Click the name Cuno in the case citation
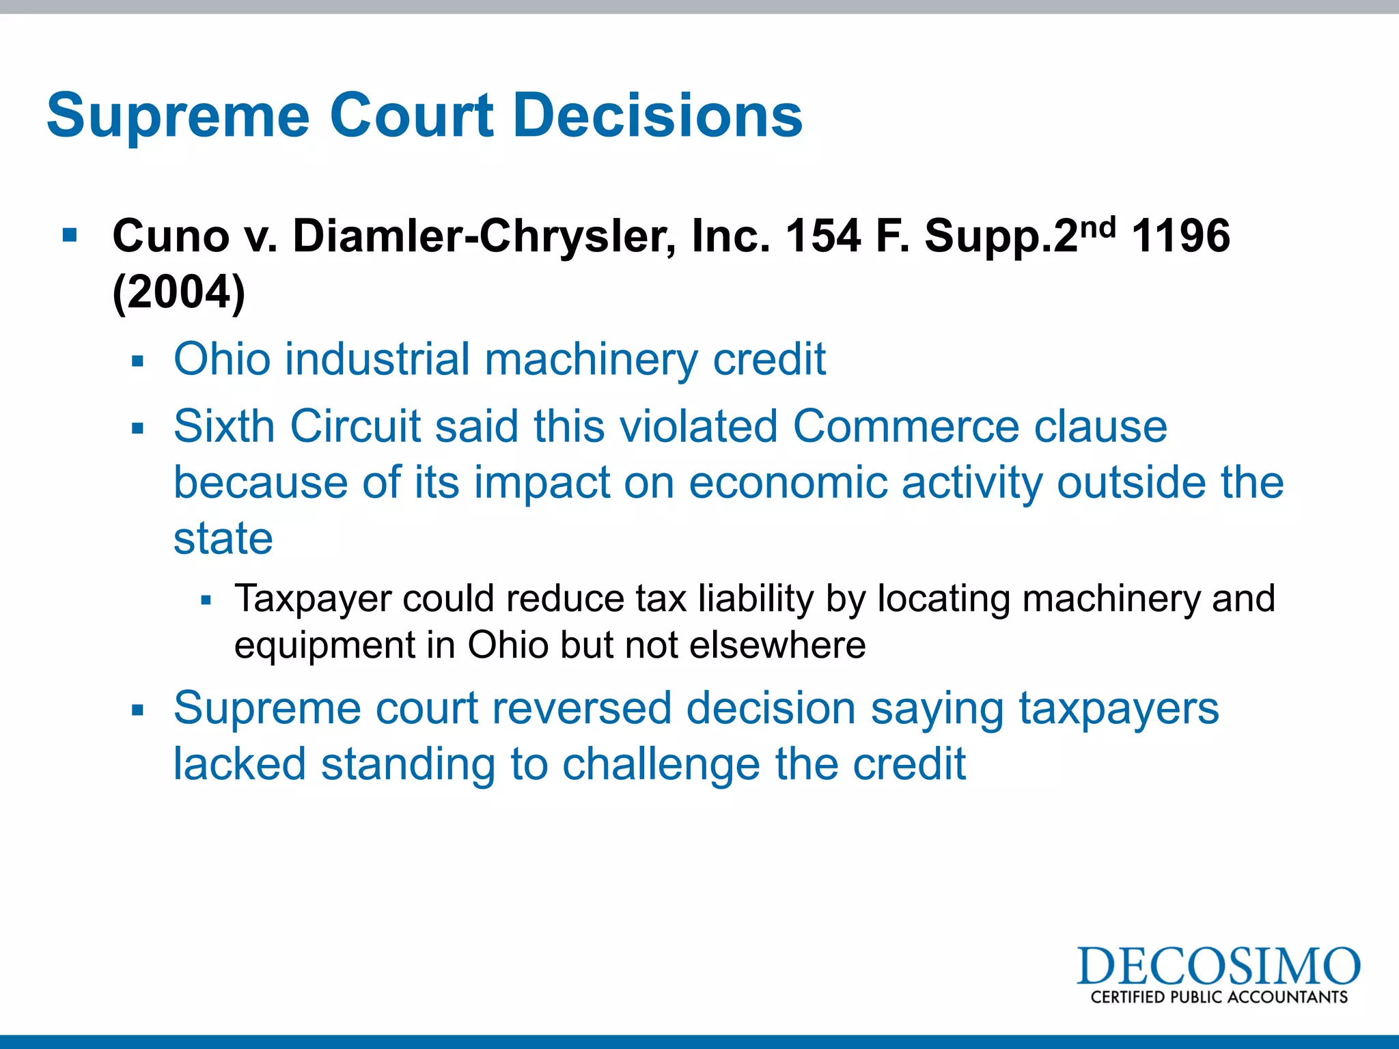171,236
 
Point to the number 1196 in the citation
1181,236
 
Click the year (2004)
179,292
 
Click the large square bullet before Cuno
70,236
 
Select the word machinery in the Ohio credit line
592,359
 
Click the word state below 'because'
223,538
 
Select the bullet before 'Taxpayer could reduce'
206,600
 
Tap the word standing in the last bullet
408,764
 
